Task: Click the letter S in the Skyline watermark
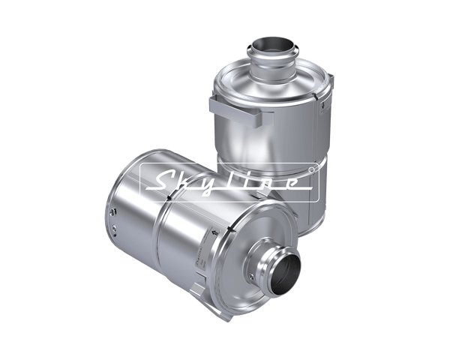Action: (163, 181)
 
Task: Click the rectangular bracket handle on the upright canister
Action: (235, 110)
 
